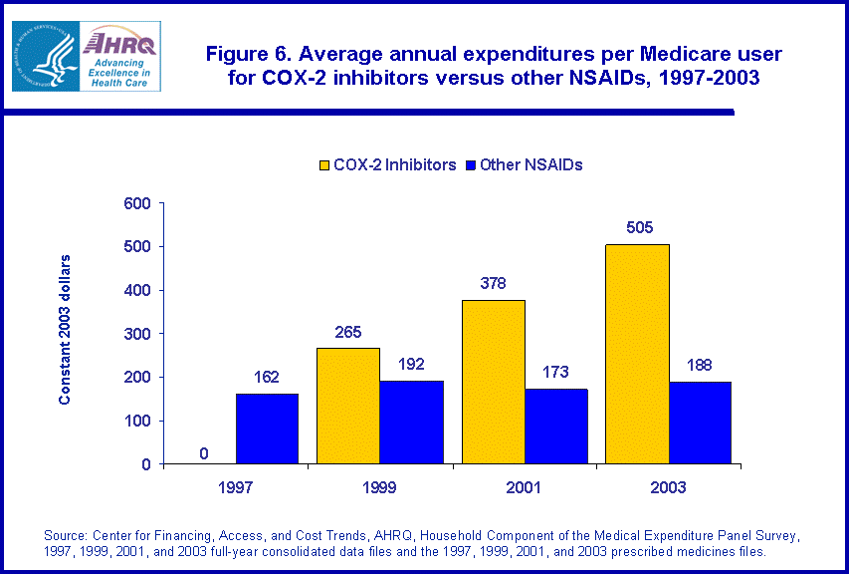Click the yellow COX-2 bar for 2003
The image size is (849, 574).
637,354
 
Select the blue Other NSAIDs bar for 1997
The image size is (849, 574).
267,429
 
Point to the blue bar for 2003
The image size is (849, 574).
700,423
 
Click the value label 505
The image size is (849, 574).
639,228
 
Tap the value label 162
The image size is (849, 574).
266,377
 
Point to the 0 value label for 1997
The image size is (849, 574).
203,453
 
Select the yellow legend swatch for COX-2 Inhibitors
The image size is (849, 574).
324,165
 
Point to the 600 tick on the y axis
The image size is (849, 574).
136,203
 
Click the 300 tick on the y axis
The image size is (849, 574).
136,334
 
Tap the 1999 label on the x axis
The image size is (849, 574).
379,487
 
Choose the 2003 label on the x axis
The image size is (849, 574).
668,487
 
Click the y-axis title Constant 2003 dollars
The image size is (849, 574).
65,329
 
